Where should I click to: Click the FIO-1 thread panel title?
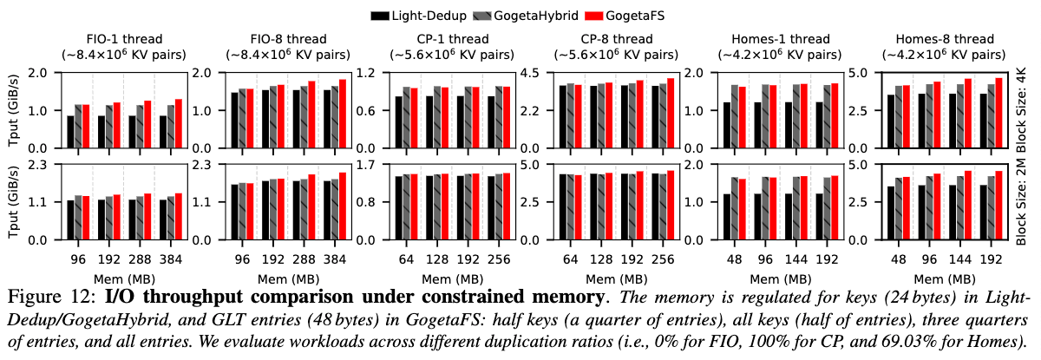point(124,39)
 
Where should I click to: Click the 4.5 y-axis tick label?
point(529,73)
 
